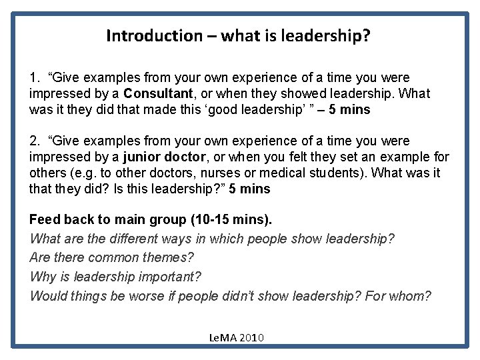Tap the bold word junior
pos(142,157)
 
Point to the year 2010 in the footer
pos(252,338)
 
